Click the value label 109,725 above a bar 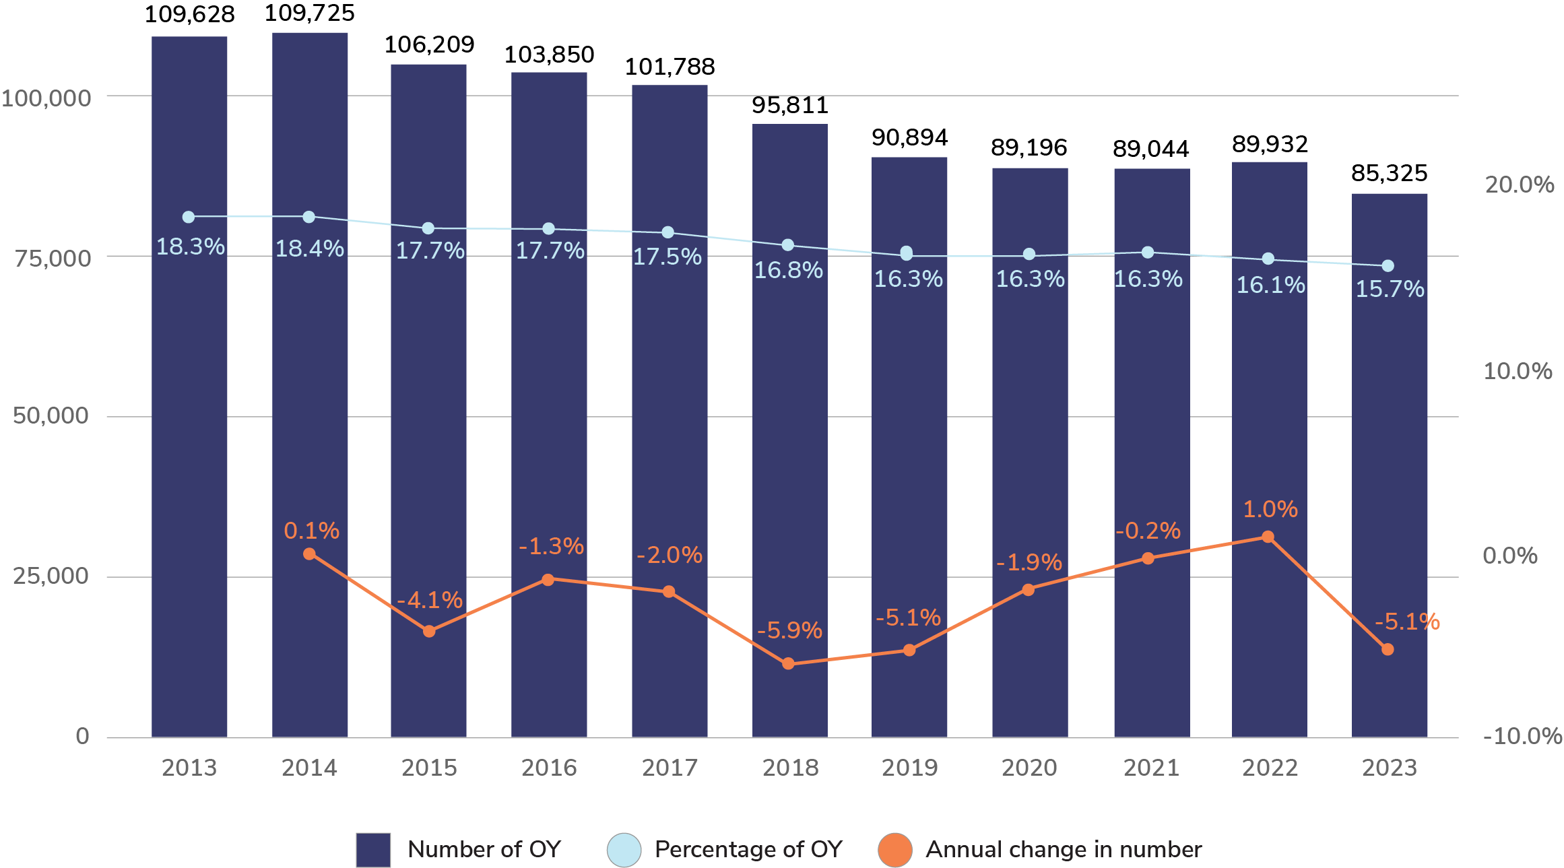click(309, 13)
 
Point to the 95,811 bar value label click(789, 105)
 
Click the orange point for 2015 click(429, 631)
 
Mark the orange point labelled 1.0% click(1268, 537)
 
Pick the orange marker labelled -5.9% click(788, 664)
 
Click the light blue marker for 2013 click(189, 217)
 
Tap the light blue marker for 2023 click(1388, 266)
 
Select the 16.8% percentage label click(788, 270)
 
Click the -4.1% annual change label click(430, 599)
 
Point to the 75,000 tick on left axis click(53, 258)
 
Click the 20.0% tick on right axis click(1519, 185)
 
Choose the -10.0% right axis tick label click(1522, 736)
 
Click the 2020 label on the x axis click(1029, 768)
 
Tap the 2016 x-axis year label click(549, 768)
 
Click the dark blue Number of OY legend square click(373, 850)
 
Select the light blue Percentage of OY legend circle click(624, 850)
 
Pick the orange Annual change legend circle click(895, 850)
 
